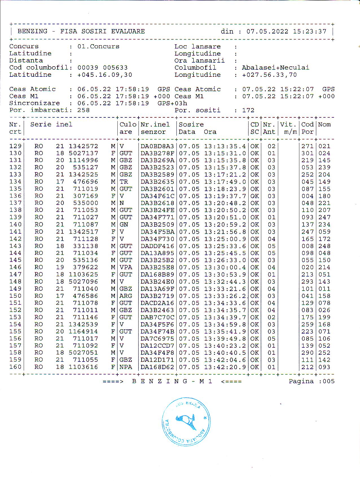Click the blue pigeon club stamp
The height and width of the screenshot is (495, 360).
[x=186, y=422]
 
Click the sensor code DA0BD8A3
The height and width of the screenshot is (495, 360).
[x=157, y=146]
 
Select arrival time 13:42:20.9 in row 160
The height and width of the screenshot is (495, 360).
[x=225, y=367]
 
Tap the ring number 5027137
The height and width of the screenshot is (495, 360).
[x=84, y=153]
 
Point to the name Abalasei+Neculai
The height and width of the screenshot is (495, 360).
[x=275, y=68]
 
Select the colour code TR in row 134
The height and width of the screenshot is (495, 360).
[x=124, y=182]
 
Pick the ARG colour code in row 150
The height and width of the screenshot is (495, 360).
[x=126, y=296]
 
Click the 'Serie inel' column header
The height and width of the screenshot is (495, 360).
[x=51, y=124]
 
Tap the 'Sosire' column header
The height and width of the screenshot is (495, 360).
[x=191, y=124]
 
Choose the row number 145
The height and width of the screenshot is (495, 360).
[x=15, y=260]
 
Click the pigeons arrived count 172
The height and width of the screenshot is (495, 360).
[x=248, y=110]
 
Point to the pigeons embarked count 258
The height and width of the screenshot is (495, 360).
[x=84, y=110]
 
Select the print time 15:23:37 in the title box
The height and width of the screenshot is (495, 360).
[x=309, y=31]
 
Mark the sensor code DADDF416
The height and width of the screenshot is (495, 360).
[x=157, y=246]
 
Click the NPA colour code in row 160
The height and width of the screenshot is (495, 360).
[x=126, y=367]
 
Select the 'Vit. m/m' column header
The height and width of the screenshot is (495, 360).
[x=289, y=128]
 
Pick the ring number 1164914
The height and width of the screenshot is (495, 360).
[x=84, y=332]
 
